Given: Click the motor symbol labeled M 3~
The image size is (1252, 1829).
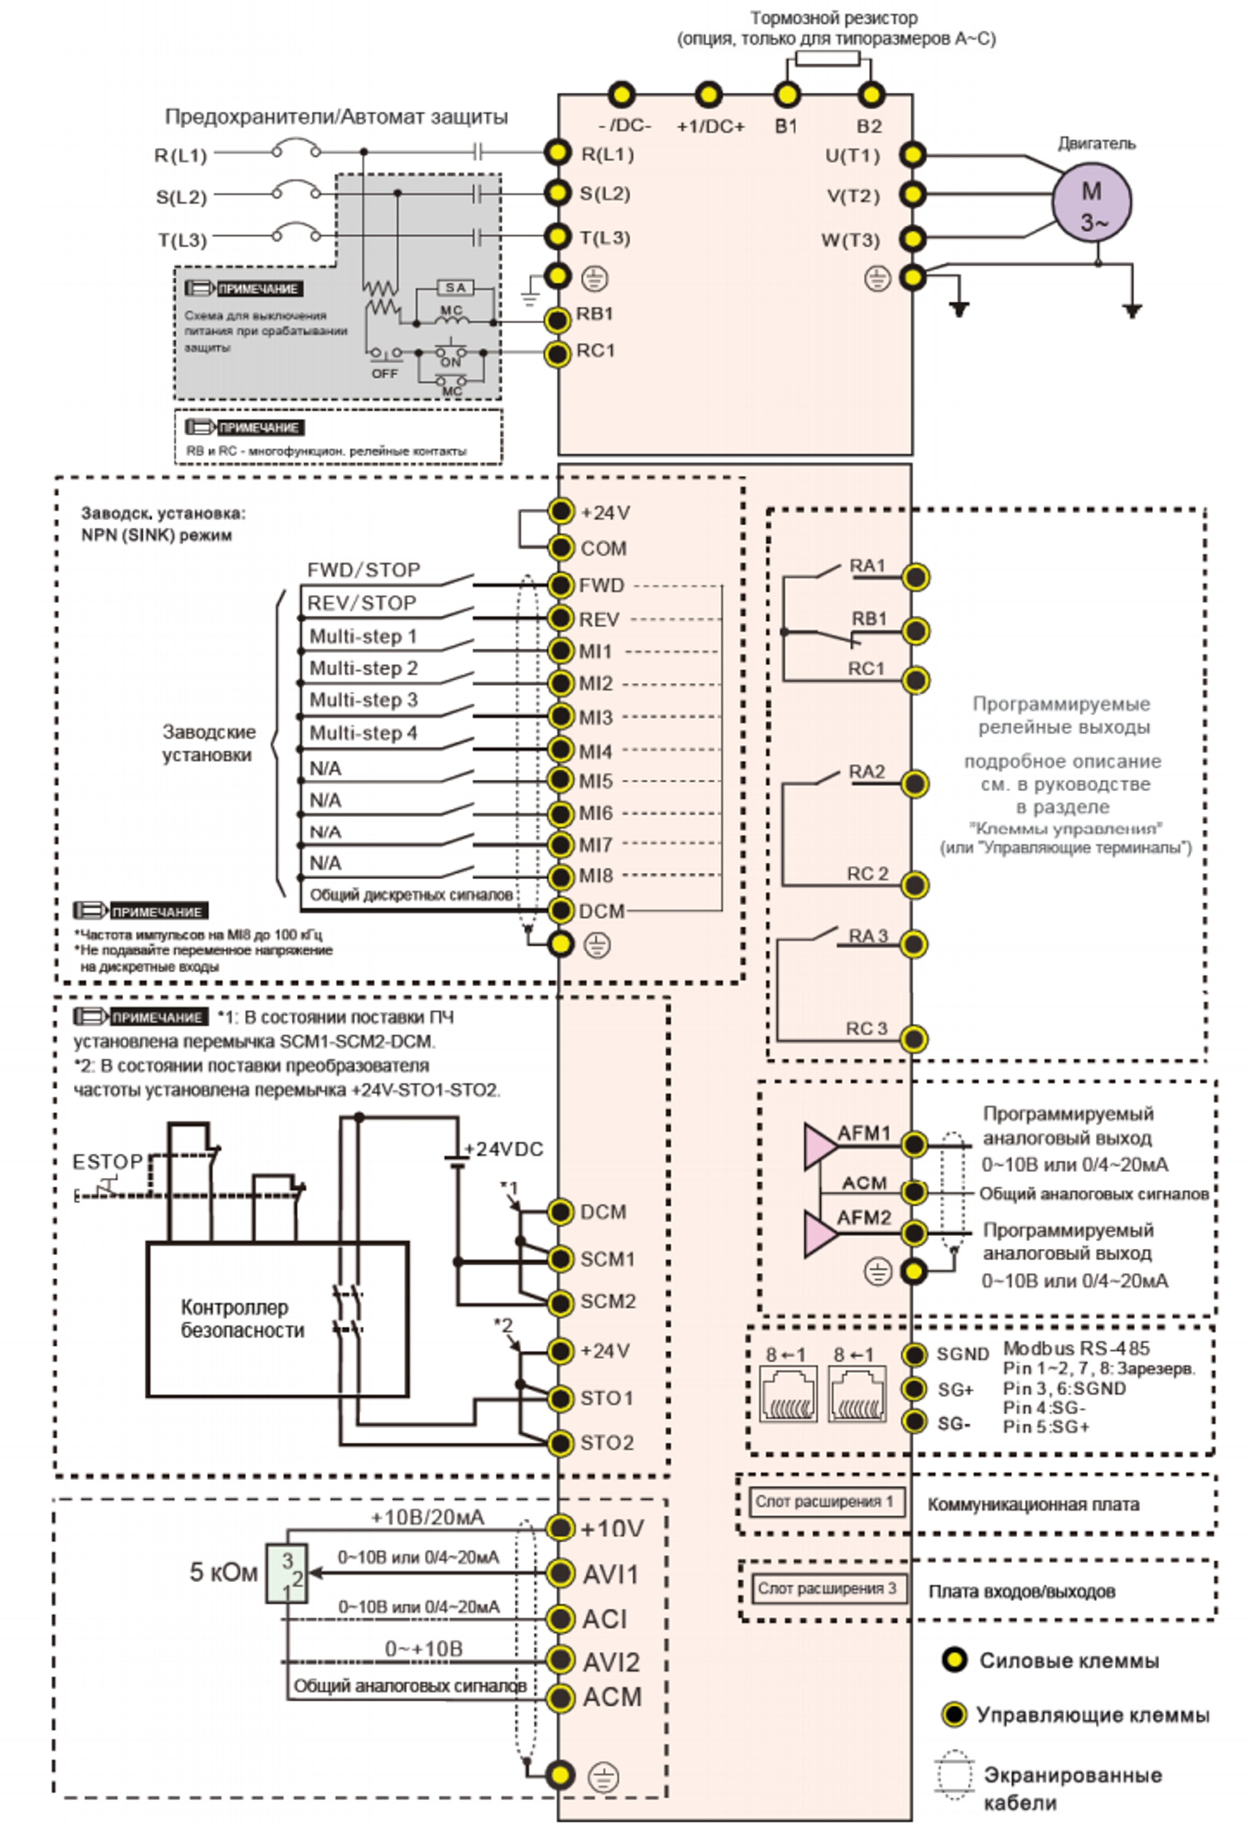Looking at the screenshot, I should pyautogui.click(x=1092, y=203).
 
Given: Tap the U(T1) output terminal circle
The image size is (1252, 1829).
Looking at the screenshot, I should pyautogui.click(x=912, y=155).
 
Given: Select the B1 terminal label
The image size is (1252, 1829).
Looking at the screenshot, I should pyautogui.click(x=786, y=126).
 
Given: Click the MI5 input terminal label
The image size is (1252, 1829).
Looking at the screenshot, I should pyautogui.click(x=595, y=781).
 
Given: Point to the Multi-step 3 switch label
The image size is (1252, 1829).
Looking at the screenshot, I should pyautogui.click(x=363, y=699).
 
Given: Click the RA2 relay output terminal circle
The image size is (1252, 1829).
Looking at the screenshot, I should pyautogui.click(x=914, y=784).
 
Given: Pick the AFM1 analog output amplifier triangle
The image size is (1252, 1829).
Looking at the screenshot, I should pyautogui.click(x=819, y=1146).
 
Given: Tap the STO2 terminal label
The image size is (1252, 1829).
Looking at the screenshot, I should pyautogui.click(x=607, y=1442).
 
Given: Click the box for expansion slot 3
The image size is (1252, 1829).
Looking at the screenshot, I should pyautogui.click(x=826, y=1588).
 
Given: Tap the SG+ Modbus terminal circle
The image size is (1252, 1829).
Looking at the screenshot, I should pyautogui.click(x=914, y=1389).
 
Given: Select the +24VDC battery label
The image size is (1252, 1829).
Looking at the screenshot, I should pyautogui.click(x=504, y=1149).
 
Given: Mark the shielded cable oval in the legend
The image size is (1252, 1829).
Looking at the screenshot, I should pyautogui.click(x=955, y=1775).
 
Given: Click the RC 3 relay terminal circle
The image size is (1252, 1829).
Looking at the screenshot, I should pyautogui.click(x=914, y=1039).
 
